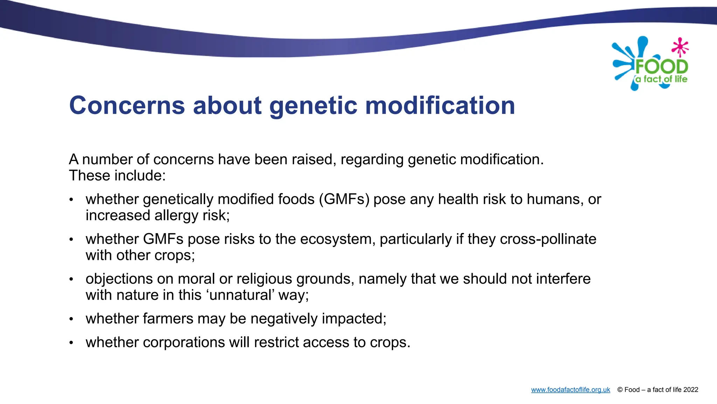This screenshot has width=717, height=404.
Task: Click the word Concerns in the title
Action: pos(127,105)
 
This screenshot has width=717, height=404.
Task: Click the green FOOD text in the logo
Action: pos(662,67)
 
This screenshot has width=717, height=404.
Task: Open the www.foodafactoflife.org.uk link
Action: pos(570,390)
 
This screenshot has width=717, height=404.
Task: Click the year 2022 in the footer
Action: pos(690,390)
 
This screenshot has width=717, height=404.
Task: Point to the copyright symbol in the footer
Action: pos(620,390)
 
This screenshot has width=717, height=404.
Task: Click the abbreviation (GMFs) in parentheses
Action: pos(344,199)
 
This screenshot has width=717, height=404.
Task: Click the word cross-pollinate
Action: pos(548,239)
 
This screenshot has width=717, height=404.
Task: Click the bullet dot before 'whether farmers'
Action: pos(71,319)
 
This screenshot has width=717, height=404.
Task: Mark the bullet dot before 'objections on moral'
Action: pos(71,280)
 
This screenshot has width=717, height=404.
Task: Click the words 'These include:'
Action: pos(117,175)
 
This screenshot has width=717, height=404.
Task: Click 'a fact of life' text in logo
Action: pos(661,79)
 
